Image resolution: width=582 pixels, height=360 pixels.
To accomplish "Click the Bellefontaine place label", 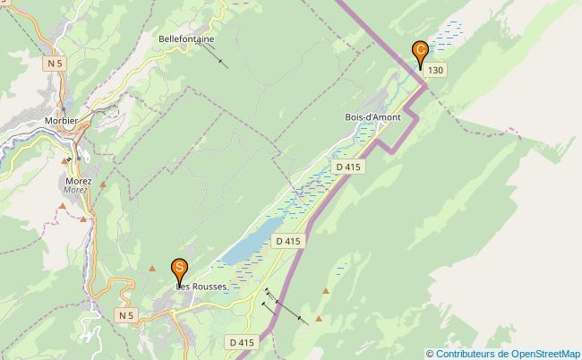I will [186, 39].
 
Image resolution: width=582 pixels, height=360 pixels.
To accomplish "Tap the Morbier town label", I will [62, 120].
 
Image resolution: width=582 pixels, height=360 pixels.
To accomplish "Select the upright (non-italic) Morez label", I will [79, 180].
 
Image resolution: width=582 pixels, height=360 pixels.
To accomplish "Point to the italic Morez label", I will [75, 190].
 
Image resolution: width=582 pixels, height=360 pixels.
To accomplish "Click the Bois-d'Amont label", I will [372, 117].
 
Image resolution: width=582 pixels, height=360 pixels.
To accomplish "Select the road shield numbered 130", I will [435, 70].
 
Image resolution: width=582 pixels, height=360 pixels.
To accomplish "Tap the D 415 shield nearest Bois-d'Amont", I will [347, 167].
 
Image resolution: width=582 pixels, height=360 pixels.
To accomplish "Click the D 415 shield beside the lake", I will [289, 241].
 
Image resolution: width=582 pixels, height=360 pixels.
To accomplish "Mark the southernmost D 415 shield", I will [242, 342].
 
